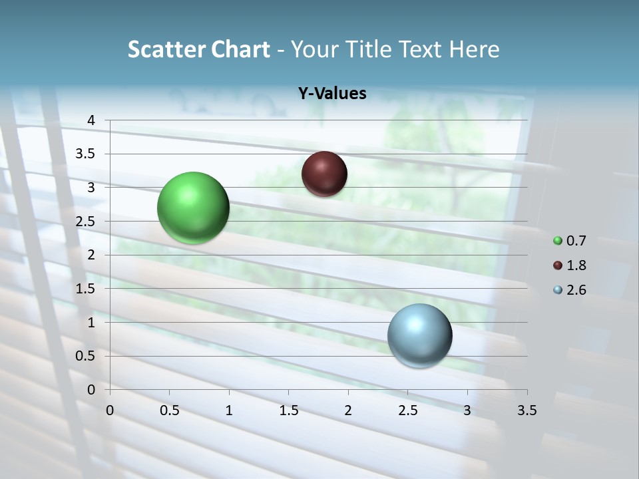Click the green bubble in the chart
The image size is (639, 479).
coord(193,208)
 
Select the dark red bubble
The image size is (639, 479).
coord(324,174)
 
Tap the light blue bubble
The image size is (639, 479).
coord(419,335)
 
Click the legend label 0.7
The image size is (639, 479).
coord(576,241)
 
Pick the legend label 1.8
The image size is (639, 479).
coord(576,265)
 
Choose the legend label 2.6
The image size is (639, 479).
coord(576,290)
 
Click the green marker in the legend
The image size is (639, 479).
coord(558,241)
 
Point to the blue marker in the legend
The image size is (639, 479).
coord(558,290)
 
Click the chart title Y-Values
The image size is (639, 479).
coord(332,94)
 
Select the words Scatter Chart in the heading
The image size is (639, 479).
coord(199,49)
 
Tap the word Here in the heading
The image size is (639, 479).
coord(475,49)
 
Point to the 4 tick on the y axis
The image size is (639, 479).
coord(91,120)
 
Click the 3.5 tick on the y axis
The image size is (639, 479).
coord(86,154)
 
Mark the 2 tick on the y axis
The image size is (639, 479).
coord(91,255)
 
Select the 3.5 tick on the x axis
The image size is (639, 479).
coord(527,410)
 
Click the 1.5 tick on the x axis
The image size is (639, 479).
coord(288,410)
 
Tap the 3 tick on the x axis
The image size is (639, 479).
coord(467,410)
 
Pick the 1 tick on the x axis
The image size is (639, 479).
coord(229,410)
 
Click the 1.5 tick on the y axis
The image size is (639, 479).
coord(86,289)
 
